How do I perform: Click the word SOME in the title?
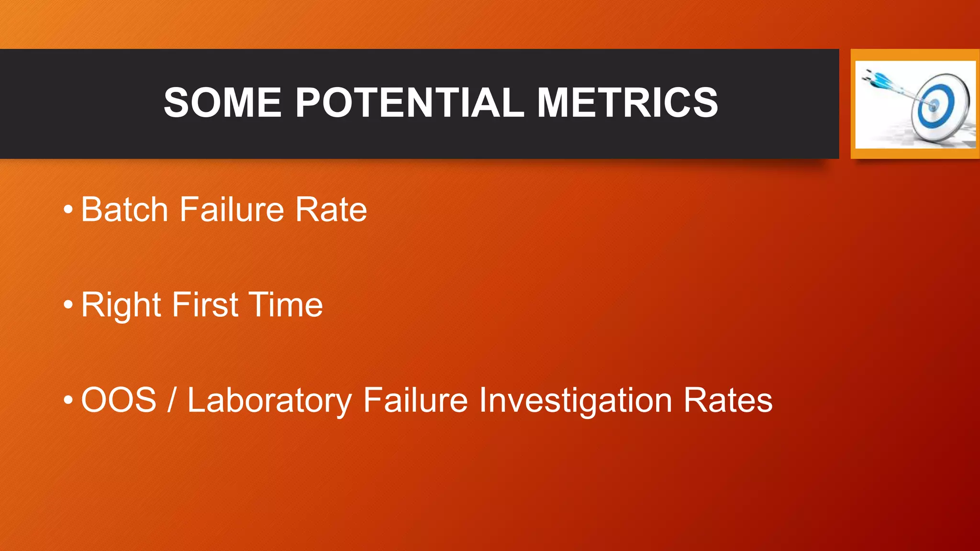pyautogui.click(x=223, y=102)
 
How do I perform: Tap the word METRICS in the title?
pyautogui.click(x=627, y=102)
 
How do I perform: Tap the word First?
pyautogui.click(x=205, y=305)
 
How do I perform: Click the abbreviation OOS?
pyautogui.click(x=119, y=400)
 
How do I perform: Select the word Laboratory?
pyautogui.click(x=269, y=401)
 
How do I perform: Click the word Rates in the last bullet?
pyautogui.click(x=727, y=400)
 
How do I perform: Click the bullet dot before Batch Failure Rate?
pyautogui.click(x=68, y=209)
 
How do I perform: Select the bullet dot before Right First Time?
pyautogui.click(x=68, y=305)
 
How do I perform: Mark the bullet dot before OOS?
pyautogui.click(x=68, y=400)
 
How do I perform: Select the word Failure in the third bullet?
pyautogui.click(x=415, y=400)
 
